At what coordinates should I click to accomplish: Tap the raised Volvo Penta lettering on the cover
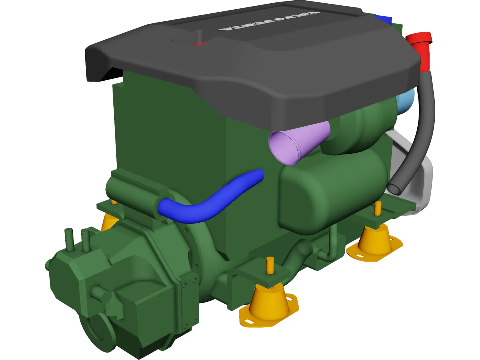269,21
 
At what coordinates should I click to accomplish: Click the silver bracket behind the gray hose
423,180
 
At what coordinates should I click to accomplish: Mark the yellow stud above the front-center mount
270,265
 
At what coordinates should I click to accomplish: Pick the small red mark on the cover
199,45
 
